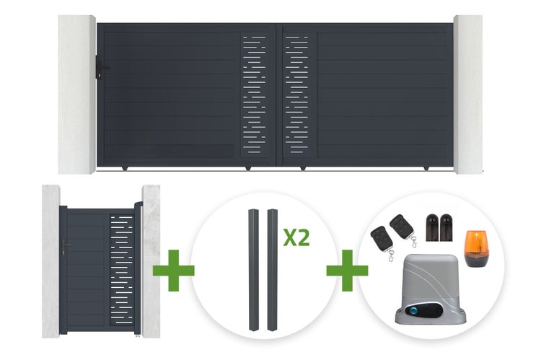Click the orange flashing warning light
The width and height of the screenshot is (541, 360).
click(476, 248)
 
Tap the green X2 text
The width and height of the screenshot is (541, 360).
click(296, 237)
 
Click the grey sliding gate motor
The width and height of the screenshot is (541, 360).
click(430, 289)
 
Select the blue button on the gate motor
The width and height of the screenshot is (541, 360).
click(413, 310)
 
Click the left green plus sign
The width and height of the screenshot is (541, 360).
click(174, 271)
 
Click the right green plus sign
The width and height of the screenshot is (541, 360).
click(347, 271)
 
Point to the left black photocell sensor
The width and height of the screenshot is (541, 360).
click(432, 227)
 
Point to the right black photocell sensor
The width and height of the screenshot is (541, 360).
click(446, 227)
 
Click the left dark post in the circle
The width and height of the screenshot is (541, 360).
click(254, 270)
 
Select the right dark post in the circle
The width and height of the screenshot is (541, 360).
click(272, 270)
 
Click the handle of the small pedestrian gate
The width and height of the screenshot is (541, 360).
click(65, 247)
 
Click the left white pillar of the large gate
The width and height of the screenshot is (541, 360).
click(76, 95)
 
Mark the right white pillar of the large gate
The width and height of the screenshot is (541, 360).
click(468, 95)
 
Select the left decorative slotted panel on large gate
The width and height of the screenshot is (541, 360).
click(255, 95)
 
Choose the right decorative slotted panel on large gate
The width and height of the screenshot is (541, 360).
click(296, 95)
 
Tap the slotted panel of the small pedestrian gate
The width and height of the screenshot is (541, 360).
click(121, 270)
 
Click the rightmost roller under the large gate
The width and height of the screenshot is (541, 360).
click(426, 168)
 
